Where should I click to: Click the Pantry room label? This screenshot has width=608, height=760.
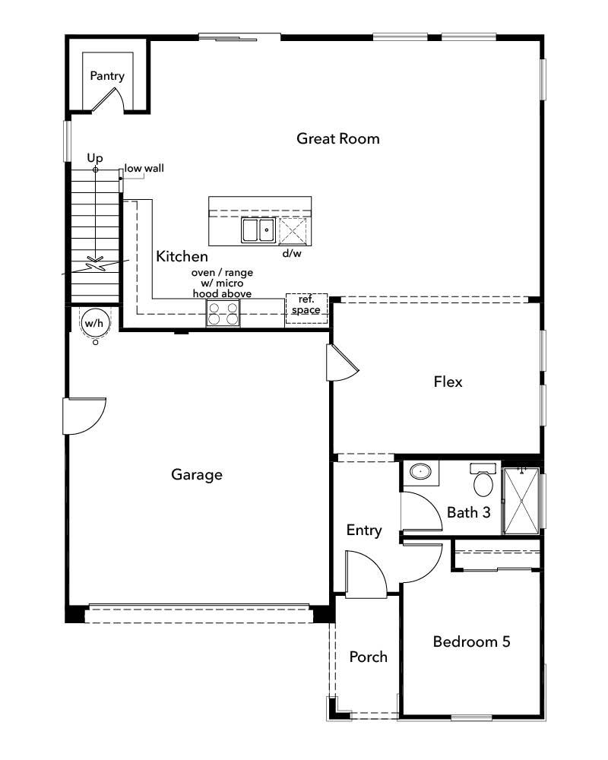click(107, 76)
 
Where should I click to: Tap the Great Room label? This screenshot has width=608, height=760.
click(337, 138)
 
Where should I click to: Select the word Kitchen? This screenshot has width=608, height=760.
click(182, 256)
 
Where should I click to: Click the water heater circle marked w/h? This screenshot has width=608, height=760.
click(94, 323)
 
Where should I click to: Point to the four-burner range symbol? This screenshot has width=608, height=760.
click(223, 313)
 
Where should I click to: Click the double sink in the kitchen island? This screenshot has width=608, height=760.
click(258, 230)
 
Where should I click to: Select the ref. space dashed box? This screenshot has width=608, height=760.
click(306, 309)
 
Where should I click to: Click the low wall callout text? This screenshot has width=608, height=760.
click(144, 168)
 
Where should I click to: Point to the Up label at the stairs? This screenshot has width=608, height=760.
click(94, 157)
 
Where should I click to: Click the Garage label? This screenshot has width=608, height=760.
click(197, 475)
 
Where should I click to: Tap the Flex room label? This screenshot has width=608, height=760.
click(448, 382)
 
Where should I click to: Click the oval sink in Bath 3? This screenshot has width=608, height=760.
click(419, 473)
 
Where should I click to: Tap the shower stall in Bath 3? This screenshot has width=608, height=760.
click(522, 500)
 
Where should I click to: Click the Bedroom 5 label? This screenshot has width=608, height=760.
click(471, 641)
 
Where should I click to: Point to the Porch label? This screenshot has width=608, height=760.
click(368, 657)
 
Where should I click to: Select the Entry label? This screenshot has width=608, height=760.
click(363, 530)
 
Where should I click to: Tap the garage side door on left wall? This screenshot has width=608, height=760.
click(81, 415)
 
